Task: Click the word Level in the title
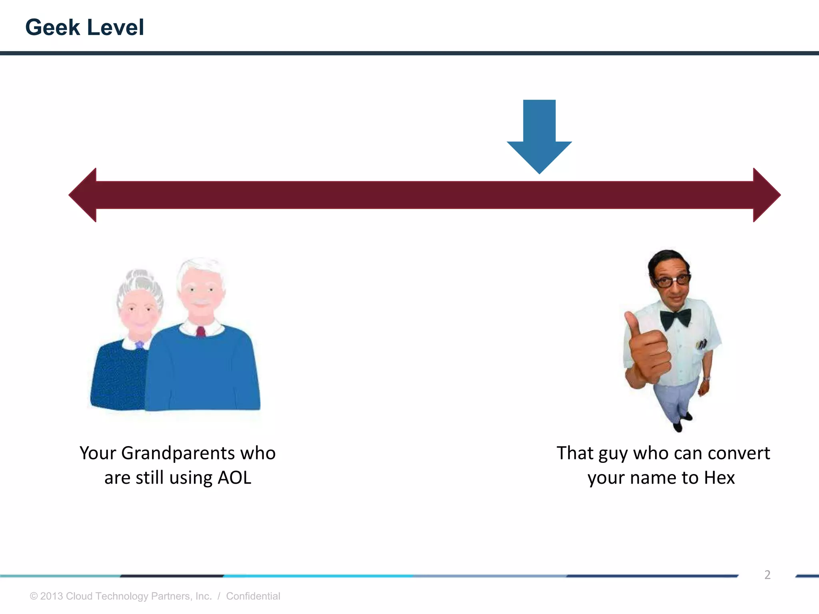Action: pos(115,28)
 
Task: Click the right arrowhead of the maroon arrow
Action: pos(765,195)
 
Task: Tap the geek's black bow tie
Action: pos(675,318)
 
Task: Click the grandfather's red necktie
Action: pos(201,331)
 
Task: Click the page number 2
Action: pos(767,575)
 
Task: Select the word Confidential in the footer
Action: pos(253,596)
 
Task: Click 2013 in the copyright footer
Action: pos(52,596)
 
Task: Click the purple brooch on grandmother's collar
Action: pos(139,344)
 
